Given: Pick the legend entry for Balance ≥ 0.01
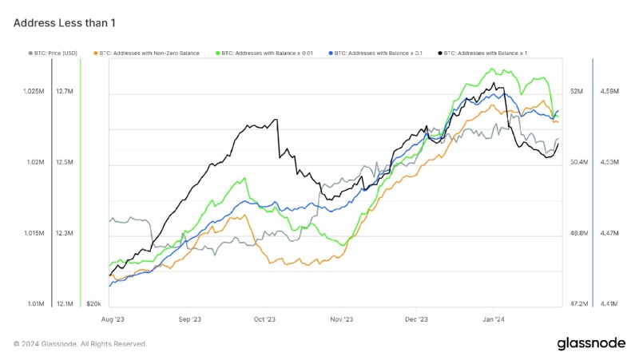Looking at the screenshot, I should click(x=268, y=53).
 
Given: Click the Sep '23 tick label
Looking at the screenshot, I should click(x=189, y=318).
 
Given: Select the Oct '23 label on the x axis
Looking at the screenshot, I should click(x=264, y=318).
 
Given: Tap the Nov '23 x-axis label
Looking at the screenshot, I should click(x=342, y=318).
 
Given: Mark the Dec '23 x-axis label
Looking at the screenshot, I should click(x=417, y=318).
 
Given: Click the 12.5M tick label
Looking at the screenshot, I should click(x=65, y=162).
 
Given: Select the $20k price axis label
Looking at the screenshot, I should click(x=93, y=304).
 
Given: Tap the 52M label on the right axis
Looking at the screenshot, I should click(x=577, y=92).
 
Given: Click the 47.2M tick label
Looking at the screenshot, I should click(x=577, y=304).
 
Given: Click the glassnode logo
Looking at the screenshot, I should click(x=591, y=343).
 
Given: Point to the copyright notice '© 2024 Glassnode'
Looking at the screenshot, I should click(x=80, y=344).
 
